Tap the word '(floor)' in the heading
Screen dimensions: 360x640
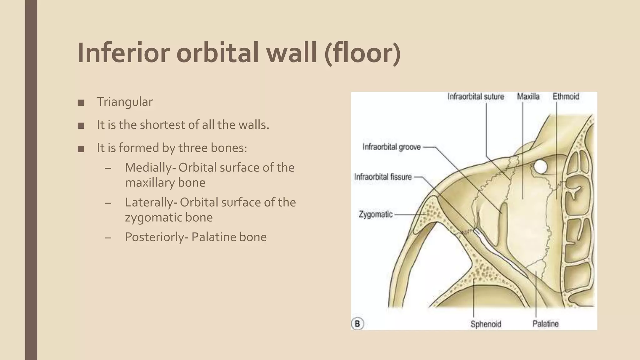(x=362, y=53)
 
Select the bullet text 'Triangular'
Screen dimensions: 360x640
(x=125, y=102)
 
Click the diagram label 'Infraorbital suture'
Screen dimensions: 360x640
(x=476, y=97)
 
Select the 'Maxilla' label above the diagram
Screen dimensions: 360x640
(x=528, y=97)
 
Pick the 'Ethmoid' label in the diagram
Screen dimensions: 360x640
(x=566, y=97)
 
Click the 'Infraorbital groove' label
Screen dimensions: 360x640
(x=392, y=147)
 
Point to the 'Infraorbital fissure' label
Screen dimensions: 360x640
(x=383, y=177)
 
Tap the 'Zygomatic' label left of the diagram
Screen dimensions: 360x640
(x=375, y=214)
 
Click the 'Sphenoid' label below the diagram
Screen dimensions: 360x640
(x=486, y=324)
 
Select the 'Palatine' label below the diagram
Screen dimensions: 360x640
(x=546, y=324)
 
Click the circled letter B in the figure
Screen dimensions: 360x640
(x=357, y=323)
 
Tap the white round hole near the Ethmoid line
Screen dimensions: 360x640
(x=540, y=167)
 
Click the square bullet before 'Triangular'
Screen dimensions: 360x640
(x=81, y=102)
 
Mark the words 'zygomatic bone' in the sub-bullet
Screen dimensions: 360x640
(x=169, y=217)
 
